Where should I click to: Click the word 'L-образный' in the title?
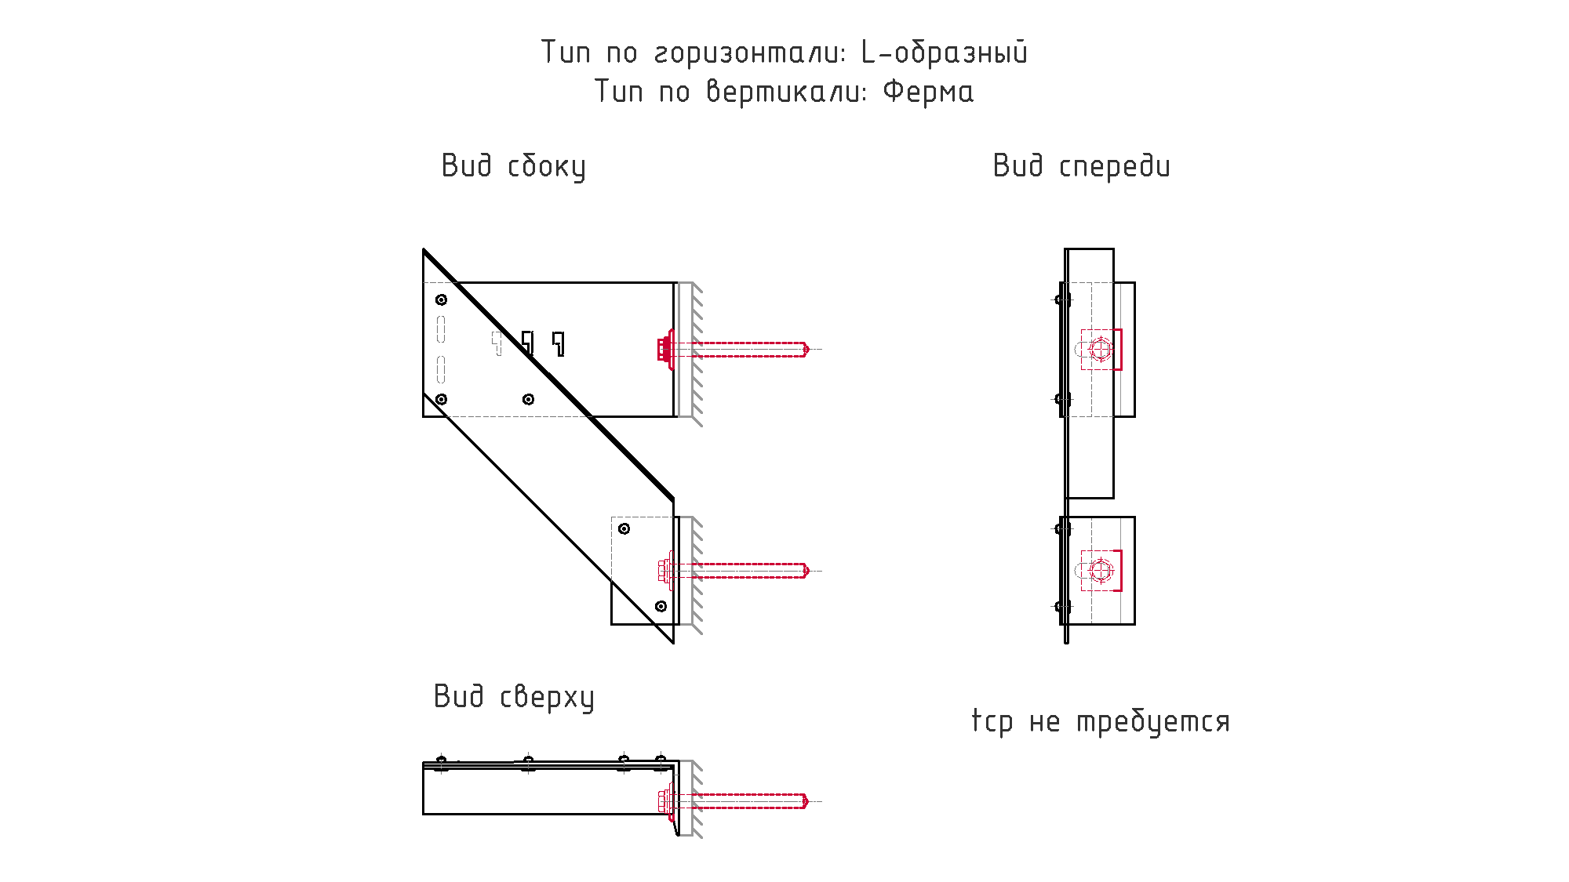(945, 53)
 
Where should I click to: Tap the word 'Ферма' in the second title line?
(928, 92)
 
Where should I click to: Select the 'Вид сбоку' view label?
(514, 167)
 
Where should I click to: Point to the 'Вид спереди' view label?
(1082, 167)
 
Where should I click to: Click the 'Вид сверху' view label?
(514, 698)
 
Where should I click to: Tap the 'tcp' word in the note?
(992, 721)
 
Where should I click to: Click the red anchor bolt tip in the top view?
(806, 801)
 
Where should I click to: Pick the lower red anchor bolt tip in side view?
(806, 571)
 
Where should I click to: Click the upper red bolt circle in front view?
(1101, 349)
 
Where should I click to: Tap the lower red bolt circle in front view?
(1101, 571)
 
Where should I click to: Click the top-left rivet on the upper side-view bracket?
(442, 299)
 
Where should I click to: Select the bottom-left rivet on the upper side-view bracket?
(442, 399)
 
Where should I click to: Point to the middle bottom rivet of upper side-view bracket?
(529, 399)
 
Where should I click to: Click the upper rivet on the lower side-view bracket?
(624, 528)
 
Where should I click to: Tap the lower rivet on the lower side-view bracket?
(661, 606)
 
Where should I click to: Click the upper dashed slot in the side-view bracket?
(441, 329)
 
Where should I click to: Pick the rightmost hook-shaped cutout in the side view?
(559, 343)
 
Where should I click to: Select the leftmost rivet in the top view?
(442, 763)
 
